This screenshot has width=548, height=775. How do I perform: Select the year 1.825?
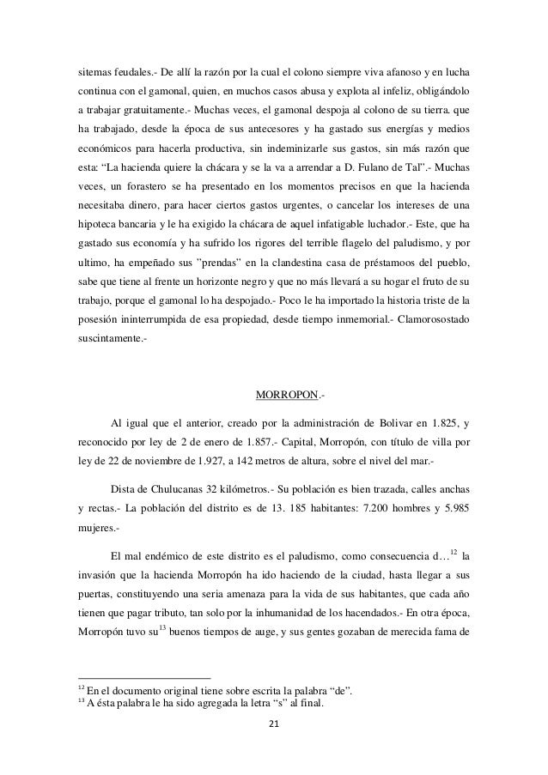(446, 421)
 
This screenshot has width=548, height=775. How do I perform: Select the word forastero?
(147, 208)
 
